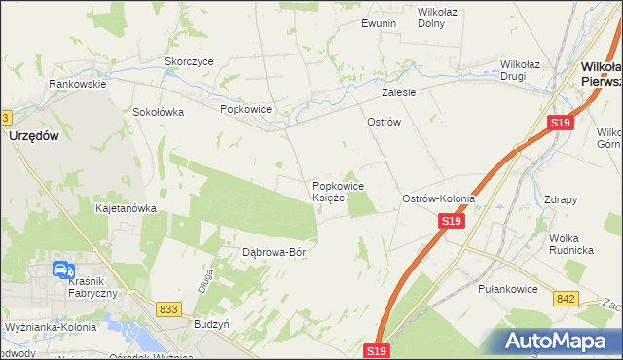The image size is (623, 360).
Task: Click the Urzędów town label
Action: tap(34, 137)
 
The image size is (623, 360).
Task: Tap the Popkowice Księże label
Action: tap(338, 192)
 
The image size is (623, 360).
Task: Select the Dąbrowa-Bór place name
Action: tap(275, 252)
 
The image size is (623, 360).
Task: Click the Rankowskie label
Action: tap(78, 84)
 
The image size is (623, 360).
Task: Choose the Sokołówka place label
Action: tap(159, 112)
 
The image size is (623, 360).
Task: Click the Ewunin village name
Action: tap(379, 23)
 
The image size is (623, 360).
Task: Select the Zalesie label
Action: tap(399, 93)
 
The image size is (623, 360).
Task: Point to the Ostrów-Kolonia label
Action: tap(439, 198)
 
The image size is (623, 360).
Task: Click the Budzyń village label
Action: tap(211, 322)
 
